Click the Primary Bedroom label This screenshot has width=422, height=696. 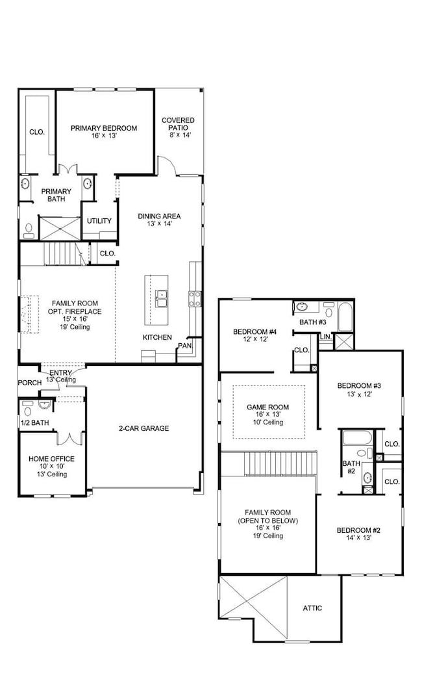[104, 128]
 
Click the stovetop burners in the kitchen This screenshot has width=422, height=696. [194, 298]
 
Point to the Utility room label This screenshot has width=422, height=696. [99, 221]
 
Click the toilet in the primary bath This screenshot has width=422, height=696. [29, 229]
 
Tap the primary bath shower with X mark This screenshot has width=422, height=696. [58, 228]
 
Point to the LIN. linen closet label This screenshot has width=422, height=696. [326, 337]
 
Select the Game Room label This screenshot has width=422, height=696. [267, 407]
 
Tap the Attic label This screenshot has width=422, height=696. [312, 608]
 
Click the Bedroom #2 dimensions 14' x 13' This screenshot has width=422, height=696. [358, 539]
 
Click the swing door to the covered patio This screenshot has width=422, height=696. [167, 166]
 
